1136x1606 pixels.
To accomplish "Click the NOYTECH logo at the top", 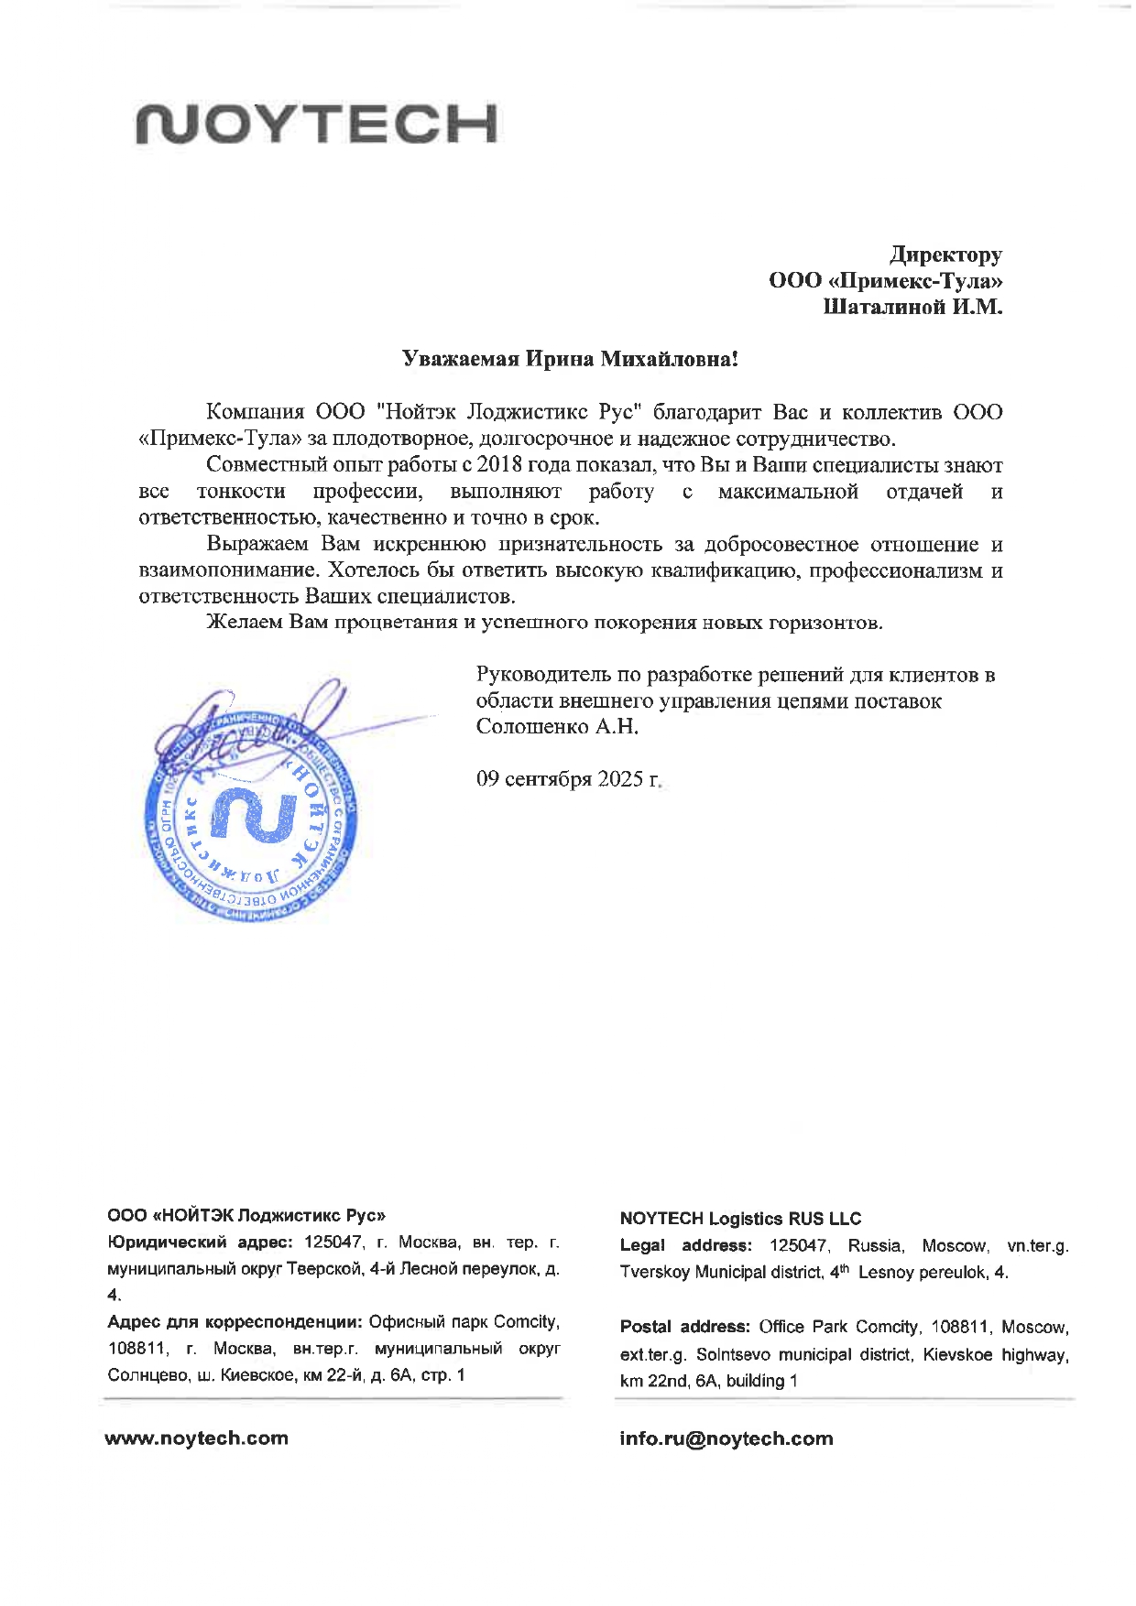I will coord(317,124).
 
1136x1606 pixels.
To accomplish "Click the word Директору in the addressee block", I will coord(946,255).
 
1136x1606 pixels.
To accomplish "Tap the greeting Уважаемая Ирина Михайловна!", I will coord(570,359).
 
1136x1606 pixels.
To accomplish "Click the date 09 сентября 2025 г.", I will coord(568,779).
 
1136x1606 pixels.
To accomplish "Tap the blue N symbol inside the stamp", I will coord(254,815).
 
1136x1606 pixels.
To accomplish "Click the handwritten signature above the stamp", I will coord(247,723).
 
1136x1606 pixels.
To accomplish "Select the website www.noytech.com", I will coord(197,1438).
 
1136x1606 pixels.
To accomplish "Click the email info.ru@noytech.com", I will coord(726,1438).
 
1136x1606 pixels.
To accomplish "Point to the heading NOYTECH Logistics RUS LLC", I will coord(740,1219).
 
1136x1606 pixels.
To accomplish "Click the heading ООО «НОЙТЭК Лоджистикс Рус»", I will coord(246,1216).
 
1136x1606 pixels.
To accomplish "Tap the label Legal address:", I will coord(686,1245).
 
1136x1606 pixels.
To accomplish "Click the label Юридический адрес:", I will coord(200,1242).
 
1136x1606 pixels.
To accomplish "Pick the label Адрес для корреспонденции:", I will coord(235,1322).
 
